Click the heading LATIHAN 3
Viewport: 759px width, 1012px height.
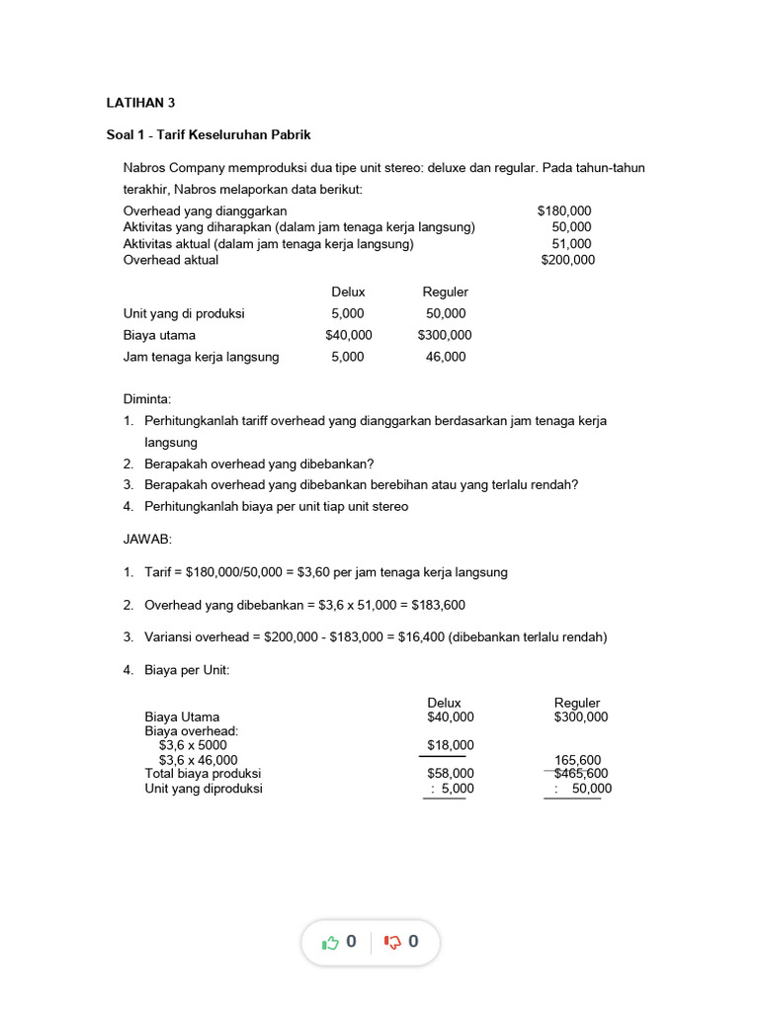click(x=140, y=102)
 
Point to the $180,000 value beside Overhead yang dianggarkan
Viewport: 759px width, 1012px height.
click(x=564, y=211)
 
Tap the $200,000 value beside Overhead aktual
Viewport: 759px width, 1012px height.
click(x=567, y=260)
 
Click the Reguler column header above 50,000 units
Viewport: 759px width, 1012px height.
click(x=445, y=292)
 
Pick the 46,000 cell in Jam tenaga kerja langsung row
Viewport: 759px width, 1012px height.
click(x=446, y=357)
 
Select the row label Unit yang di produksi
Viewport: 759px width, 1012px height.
click(x=184, y=313)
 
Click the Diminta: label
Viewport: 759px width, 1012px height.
click(x=147, y=399)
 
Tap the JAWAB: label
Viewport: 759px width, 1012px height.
click(x=147, y=540)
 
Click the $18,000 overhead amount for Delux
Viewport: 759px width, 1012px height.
click(x=450, y=745)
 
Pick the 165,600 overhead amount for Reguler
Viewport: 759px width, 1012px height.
click(x=578, y=760)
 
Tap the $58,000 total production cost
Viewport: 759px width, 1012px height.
click(x=450, y=774)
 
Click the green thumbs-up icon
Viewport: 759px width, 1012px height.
click(x=331, y=943)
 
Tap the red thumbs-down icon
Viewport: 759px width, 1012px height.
click(x=392, y=943)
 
